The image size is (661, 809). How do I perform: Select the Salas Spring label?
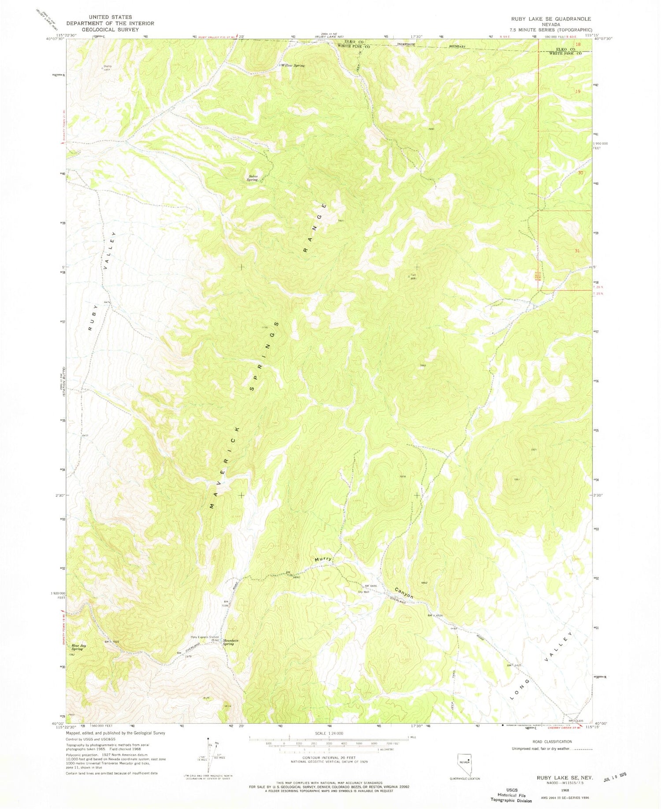(252, 178)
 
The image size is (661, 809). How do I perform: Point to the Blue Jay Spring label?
(78, 647)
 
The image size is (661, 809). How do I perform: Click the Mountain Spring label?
(230, 643)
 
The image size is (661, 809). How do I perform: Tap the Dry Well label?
(363, 592)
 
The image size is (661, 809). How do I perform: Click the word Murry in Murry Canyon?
(323, 559)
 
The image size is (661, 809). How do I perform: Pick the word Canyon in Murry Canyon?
(404, 593)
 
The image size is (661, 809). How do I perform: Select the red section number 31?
(577, 251)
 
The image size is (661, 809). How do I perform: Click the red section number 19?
(578, 92)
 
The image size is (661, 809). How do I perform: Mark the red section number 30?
(580, 173)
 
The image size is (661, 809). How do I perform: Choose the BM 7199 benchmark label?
(225, 603)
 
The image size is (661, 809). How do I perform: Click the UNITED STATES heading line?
(110, 17)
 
